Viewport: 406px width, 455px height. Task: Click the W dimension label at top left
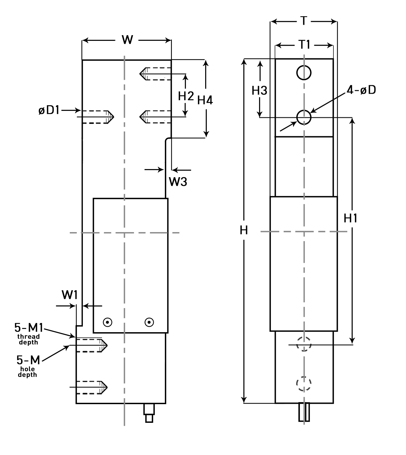coord(127,40)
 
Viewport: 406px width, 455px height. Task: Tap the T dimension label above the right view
coord(304,21)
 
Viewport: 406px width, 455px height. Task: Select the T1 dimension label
coord(304,45)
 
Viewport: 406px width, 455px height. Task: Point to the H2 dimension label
coord(186,96)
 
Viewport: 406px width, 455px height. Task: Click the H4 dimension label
coord(205,100)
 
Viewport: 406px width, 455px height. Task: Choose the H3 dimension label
coord(259,91)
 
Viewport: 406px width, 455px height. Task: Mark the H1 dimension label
coord(350,218)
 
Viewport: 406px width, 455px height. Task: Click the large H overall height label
coord(244,230)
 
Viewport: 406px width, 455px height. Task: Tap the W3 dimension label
coord(178,182)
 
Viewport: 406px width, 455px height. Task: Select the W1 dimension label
coord(70,295)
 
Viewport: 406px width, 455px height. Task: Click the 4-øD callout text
coord(361,90)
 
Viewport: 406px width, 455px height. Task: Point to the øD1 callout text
coord(49,110)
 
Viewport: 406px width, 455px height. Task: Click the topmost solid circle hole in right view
coord(304,73)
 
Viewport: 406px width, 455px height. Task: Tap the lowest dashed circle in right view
coord(304,384)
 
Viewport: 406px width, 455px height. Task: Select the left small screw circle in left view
coord(108,322)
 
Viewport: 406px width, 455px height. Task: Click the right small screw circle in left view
coord(149,322)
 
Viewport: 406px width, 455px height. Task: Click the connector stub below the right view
coord(304,412)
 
